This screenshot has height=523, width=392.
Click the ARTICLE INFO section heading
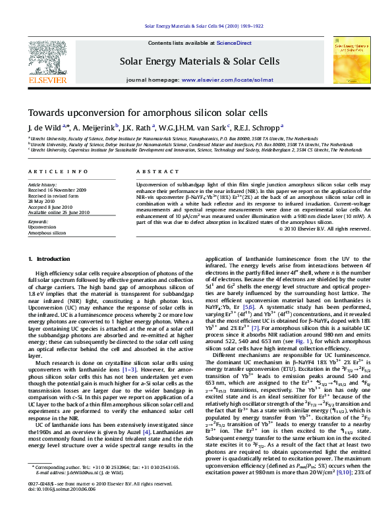49,172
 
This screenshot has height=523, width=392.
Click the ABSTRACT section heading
152,172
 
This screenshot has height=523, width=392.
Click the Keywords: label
39,222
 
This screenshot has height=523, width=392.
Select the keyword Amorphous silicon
47,233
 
